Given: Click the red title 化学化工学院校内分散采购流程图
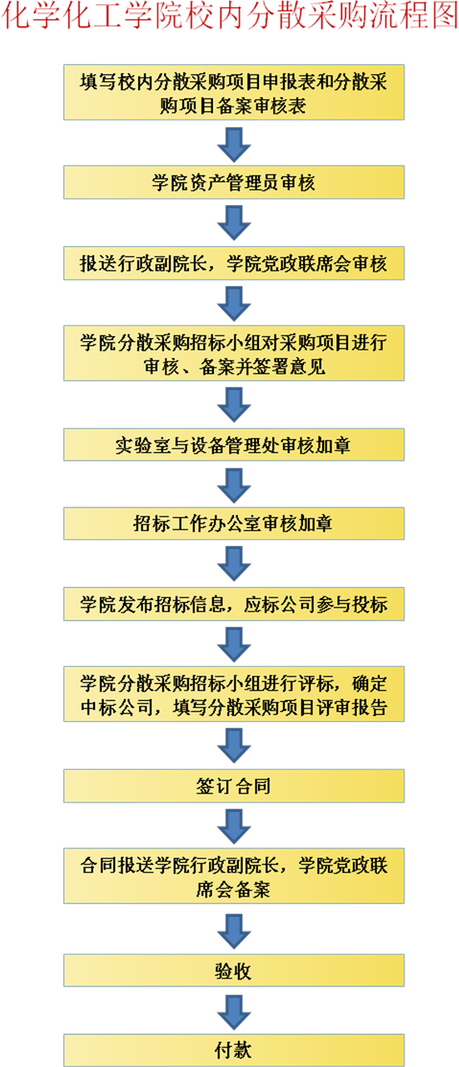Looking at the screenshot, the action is pos(230,15).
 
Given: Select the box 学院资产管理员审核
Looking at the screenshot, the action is pos(234,182).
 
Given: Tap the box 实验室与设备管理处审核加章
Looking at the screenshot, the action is pos(234,445).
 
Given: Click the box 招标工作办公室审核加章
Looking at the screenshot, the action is pos(234,523).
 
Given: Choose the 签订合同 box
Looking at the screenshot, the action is pos(234,786).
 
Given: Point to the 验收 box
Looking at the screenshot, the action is pos(234,970).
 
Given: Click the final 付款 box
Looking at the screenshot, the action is pos(234,1050).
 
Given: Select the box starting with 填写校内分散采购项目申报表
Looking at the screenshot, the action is pos(234,92).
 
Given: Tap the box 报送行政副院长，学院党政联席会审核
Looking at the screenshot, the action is pos(234,263).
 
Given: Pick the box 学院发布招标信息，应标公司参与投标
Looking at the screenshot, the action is pos(234,604).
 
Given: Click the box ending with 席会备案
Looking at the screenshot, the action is pos(234,876).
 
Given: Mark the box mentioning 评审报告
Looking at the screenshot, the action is pos(234,694).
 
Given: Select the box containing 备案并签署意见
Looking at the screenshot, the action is pos(234,353).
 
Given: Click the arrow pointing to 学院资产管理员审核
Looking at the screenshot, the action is pos(234,145).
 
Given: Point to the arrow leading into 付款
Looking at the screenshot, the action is pos(234,1012).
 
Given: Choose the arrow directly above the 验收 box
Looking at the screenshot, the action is pos(234,931).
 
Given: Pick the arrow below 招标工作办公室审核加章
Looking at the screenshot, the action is pos(234,564).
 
